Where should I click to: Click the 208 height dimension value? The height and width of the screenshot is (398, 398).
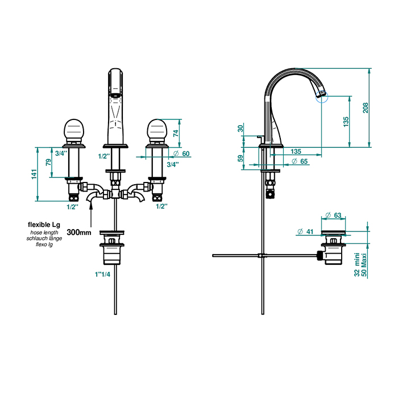[365, 108]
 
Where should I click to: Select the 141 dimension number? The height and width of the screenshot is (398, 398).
[34, 175]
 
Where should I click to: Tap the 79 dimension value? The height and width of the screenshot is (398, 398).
[48, 162]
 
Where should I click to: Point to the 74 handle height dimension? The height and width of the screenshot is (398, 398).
[176, 133]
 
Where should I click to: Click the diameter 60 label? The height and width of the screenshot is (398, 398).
[182, 154]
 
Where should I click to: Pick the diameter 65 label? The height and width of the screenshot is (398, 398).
[300, 161]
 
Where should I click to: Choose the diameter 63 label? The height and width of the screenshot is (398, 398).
[333, 215]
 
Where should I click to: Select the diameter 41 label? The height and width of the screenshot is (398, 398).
[305, 231]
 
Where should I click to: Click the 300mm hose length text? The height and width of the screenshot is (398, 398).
[79, 232]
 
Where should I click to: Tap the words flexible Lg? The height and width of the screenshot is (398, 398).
[44, 225]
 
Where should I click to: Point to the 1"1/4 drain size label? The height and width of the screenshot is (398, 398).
[102, 274]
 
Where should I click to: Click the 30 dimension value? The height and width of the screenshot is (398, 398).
[240, 128]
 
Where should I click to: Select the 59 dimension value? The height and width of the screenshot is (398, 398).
[240, 159]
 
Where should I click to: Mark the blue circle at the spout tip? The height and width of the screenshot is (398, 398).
[322, 97]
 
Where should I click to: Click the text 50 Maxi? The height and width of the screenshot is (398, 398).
[364, 265]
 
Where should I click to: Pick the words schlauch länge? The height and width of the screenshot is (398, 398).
[44, 238]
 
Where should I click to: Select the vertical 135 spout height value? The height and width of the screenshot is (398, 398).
[346, 122]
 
